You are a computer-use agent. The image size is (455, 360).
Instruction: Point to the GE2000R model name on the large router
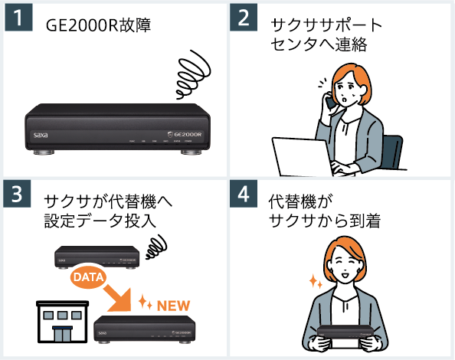point(184,133)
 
